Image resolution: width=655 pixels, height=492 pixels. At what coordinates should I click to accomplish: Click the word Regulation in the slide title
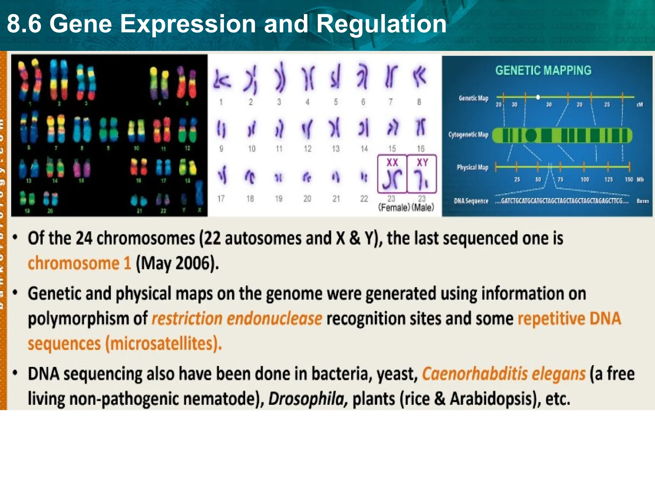click(x=381, y=24)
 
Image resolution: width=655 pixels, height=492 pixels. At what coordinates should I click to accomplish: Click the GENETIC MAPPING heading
click(x=543, y=70)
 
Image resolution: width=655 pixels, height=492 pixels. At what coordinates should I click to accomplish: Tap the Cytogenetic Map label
click(x=468, y=135)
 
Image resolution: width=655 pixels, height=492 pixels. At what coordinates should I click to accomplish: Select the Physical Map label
click(x=472, y=167)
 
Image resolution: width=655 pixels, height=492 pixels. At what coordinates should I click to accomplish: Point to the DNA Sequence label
click(x=471, y=201)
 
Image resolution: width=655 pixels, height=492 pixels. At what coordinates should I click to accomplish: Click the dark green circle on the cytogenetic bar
click(x=531, y=135)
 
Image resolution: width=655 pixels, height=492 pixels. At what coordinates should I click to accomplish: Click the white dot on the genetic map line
click(x=538, y=97)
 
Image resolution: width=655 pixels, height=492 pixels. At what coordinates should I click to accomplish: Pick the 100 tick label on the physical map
click(x=585, y=179)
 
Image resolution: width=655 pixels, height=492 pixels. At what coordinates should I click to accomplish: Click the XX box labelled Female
click(x=392, y=174)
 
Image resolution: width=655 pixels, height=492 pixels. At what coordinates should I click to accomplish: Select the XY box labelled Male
click(x=422, y=174)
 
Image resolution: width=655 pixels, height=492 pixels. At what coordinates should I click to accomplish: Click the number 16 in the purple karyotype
click(x=421, y=149)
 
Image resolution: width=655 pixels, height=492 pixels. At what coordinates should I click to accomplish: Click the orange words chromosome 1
click(x=79, y=263)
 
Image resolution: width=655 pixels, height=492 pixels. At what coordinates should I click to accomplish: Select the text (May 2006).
click(x=177, y=263)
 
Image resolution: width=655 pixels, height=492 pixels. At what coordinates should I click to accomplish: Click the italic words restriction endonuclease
click(x=237, y=319)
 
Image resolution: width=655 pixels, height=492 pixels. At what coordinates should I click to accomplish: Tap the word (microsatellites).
click(x=163, y=343)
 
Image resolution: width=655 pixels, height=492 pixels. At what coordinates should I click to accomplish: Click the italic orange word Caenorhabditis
click(x=475, y=374)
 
